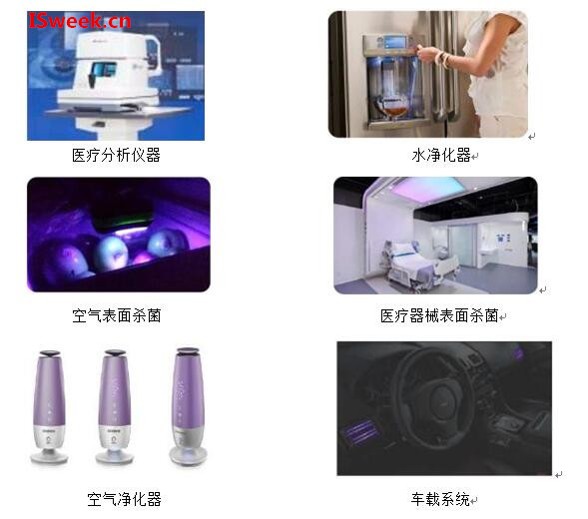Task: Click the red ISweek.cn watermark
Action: pos(80,21)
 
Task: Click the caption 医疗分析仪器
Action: pos(116,156)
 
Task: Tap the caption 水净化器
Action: pos(441,155)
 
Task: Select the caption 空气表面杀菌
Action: pos(116,315)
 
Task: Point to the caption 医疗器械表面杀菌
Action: pos(439,315)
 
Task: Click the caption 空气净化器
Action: pos(124,499)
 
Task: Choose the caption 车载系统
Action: pos(440,499)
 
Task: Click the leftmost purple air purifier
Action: pos(49,407)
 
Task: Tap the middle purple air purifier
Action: pos(115,407)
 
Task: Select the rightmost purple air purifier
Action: pos(189,407)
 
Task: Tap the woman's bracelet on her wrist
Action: pos(445,60)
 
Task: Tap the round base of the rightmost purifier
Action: pos(189,455)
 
